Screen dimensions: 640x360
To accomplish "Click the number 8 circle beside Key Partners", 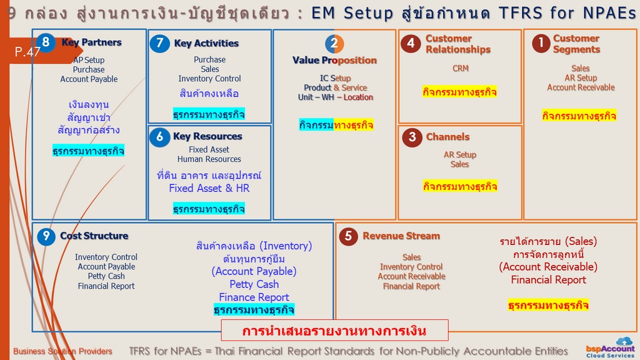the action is tap(46, 42).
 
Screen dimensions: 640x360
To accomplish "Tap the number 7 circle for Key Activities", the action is tap(159, 43).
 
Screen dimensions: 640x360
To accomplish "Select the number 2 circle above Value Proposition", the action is tap(334, 44).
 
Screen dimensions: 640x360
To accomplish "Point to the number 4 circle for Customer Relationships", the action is tap(411, 43).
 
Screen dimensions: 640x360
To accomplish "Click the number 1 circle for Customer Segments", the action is tap(541, 43).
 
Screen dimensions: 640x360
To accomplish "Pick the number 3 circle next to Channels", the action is tap(412, 137).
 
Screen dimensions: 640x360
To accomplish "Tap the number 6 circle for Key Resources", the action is tap(159, 137).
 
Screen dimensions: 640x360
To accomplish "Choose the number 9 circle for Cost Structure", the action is tap(46, 236).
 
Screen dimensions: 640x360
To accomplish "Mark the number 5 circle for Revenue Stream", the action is tap(348, 236).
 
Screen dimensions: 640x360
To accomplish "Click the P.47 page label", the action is tap(27, 52).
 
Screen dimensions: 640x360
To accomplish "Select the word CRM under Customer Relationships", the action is tap(461, 69).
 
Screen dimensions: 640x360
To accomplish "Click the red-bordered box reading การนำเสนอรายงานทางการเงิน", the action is tap(334, 330).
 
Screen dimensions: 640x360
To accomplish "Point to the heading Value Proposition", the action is tap(334, 61).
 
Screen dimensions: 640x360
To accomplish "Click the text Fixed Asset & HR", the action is tap(209, 188).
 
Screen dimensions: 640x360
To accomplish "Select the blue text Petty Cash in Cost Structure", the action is tap(254, 284).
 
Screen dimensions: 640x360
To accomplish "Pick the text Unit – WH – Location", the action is tap(335, 97).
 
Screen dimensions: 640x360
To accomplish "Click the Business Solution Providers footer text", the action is tap(62, 351).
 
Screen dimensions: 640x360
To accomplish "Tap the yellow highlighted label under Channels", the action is tap(460, 186).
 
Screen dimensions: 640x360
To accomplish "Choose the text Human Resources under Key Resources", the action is tap(209, 159).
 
